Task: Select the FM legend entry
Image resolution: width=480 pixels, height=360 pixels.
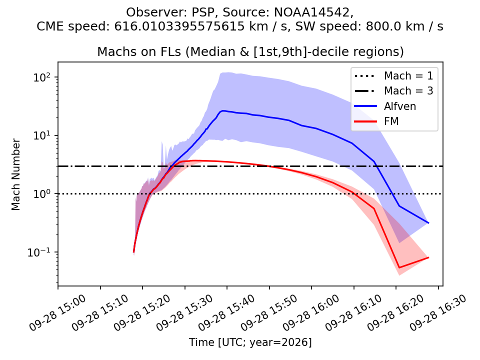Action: click(376, 121)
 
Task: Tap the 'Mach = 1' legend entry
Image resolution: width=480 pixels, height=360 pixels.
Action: click(393, 75)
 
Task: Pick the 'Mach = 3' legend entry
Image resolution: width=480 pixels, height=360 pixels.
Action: click(393, 91)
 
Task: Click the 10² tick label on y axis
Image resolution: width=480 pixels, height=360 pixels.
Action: click(41, 76)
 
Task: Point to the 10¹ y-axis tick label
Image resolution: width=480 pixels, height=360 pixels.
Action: click(41, 135)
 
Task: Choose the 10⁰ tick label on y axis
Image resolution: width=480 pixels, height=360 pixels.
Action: click(41, 193)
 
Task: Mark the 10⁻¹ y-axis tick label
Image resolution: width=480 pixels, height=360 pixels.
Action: click(39, 252)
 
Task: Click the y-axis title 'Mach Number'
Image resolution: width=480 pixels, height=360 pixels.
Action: click(15, 174)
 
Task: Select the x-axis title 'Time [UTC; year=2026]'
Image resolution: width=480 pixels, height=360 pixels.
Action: click(250, 342)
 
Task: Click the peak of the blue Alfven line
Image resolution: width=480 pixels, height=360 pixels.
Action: click(223, 111)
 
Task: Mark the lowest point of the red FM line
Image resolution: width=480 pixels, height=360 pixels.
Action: click(399, 267)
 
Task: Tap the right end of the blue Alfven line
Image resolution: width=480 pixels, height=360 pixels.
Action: click(428, 223)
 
